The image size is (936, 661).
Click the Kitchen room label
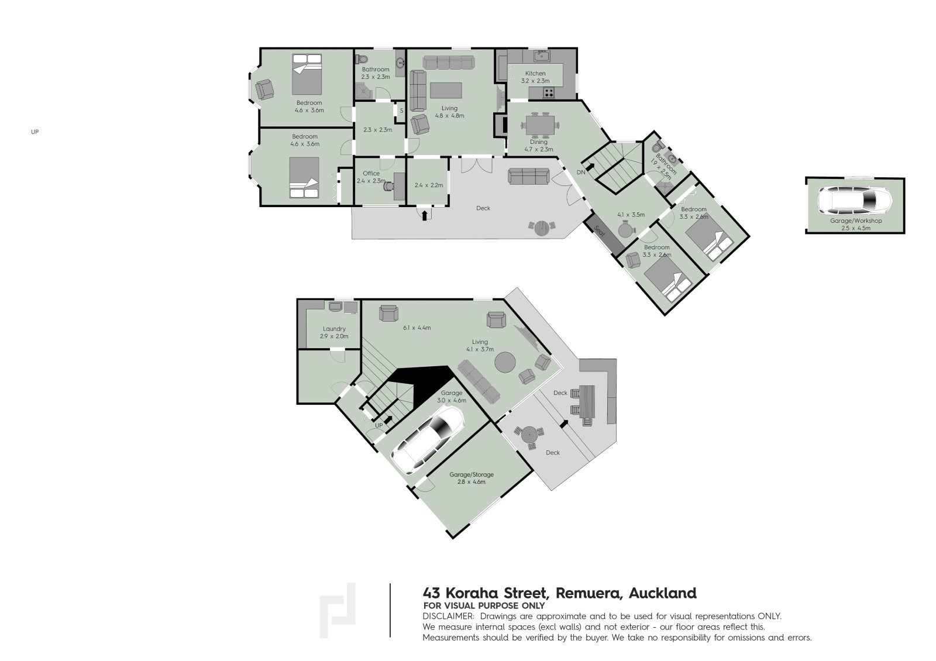tap(535, 74)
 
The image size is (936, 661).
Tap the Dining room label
tap(539, 142)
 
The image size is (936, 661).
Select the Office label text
tap(371, 173)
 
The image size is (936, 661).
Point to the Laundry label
tap(334, 329)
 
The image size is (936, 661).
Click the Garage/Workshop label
tap(856, 221)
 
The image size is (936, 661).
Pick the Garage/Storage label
tap(472, 474)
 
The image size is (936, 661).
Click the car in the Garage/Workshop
tap(855, 199)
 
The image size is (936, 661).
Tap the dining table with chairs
tap(540, 125)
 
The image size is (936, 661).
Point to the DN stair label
tap(581, 172)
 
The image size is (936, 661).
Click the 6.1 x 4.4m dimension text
tap(417, 328)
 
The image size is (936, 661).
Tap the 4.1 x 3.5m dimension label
tap(631, 215)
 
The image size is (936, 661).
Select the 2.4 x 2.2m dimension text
tap(429, 185)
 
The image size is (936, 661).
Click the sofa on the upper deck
tap(529, 176)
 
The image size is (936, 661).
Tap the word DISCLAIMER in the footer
tap(448, 617)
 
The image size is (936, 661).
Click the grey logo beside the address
tap(337, 610)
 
